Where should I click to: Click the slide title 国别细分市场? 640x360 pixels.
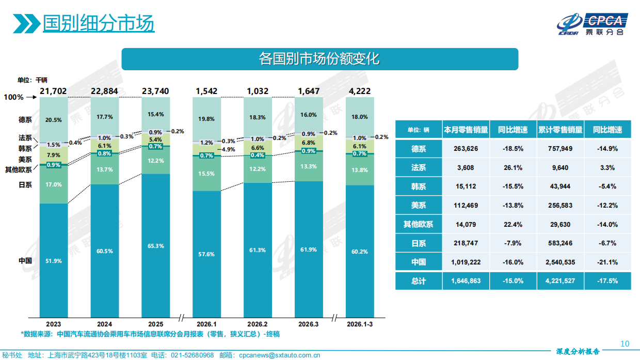tap(98, 23)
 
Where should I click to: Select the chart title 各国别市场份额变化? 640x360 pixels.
tap(319, 58)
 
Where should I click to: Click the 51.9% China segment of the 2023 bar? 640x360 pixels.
tap(54, 261)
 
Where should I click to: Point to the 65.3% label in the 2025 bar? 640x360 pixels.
tap(155, 246)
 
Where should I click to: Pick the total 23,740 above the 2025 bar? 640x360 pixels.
tap(155, 91)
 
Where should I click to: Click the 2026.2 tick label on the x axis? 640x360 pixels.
tap(258, 324)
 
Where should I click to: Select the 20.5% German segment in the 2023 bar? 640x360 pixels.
tap(54, 120)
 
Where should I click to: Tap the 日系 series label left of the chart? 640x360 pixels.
tap(25, 184)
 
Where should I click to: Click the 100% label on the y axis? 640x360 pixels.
tap(13, 97)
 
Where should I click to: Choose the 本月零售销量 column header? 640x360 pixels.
tap(466, 130)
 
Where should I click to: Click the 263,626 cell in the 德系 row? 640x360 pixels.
tap(466, 149)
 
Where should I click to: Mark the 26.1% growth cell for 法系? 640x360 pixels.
tap(513, 167)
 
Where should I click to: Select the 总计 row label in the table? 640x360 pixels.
tap(419, 281)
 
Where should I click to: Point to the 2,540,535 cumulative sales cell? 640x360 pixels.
tap(560, 262)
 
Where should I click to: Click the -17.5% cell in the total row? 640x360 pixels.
tap(607, 281)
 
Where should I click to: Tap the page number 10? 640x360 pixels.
tap(625, 344)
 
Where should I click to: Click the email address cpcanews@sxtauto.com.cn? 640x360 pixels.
tap(280, 355)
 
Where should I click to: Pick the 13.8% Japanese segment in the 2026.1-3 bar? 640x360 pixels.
tap(360, 170)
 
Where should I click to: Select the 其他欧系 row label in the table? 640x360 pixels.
tap(419, 224)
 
